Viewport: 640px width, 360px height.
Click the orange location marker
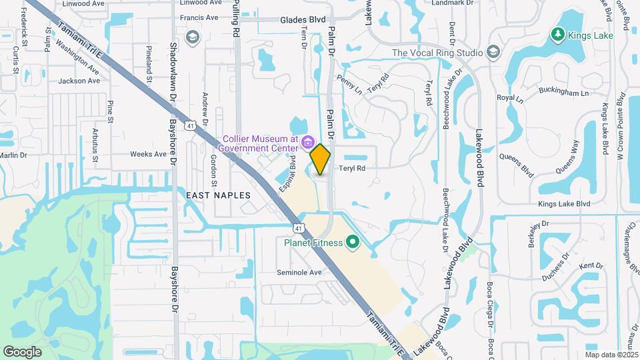[x=321, y=159]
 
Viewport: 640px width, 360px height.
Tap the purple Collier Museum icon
[x=307, y=141]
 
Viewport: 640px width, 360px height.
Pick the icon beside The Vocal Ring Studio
[x=493, y=52]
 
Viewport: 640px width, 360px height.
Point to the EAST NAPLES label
[x=218, y=195]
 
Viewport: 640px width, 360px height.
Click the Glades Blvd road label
[x=303, y=20]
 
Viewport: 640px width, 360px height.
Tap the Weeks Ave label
[x=148, y=154]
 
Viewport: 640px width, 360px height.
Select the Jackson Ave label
[x=79, y=81]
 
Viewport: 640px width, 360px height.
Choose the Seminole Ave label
[x=299, y=272]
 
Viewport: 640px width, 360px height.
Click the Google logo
[x=22, y=351]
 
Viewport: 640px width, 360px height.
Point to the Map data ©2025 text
[x=611, y=354]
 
